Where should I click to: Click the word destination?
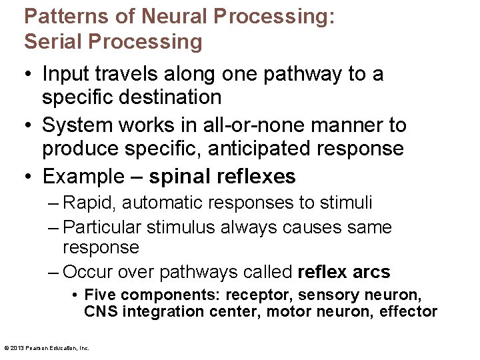[x=166, y=97]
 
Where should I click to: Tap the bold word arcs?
[x=371, y=272]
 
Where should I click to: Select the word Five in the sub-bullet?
[x=99, y=295]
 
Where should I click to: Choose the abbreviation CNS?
[x=97, y=311]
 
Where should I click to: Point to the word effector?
[x=408, y=311]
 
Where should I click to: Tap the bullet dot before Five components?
[x=77, y=295]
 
